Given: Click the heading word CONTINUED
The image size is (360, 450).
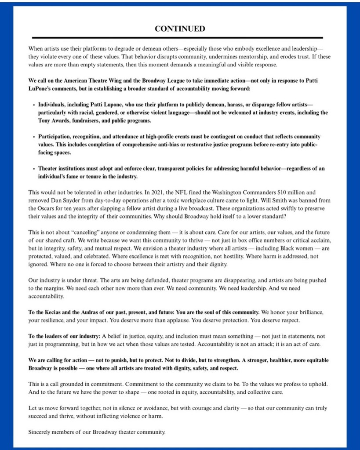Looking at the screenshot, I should [x=180, y=29].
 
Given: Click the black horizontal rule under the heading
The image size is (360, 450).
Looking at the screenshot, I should [x=177, y=38].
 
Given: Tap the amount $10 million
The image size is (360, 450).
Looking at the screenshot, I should [x=268, y=192].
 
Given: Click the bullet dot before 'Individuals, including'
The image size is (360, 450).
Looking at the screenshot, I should [x=34, y=105].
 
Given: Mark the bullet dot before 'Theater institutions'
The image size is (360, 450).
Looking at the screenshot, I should [x=34, y=169].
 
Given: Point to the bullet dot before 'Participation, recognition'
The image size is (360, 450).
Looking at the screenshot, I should [x=34, y=137].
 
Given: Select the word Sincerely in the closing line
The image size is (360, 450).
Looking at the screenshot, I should [x=40, y=432].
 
